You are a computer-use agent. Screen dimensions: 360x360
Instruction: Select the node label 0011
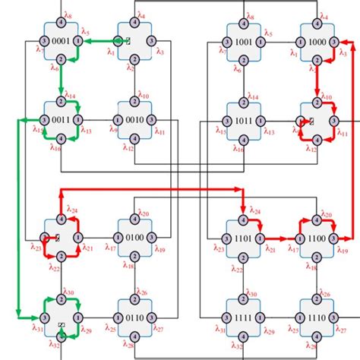61,120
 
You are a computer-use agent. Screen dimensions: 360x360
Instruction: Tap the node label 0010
135,120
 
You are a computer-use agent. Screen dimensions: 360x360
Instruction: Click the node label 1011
244,120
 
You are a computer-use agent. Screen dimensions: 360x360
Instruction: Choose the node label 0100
135,238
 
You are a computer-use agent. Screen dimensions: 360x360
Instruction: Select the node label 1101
244,238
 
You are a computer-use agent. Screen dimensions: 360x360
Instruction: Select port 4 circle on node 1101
244,220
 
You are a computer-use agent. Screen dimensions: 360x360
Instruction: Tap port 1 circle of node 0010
118,120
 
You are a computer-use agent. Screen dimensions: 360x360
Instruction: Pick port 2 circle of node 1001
244,58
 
